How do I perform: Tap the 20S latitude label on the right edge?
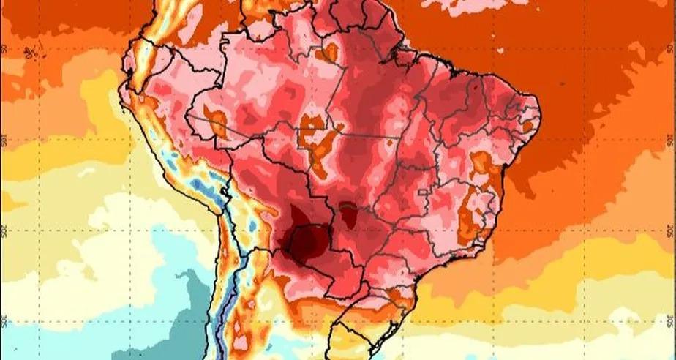click(670, 232)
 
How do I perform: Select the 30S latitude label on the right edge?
click(670, 322)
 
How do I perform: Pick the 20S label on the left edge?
click(5, 232)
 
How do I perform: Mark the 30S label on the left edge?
click(5, 322)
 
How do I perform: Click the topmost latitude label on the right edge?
click(670, 50)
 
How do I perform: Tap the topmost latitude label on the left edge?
click(5, 50)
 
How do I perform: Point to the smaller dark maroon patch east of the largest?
click(349, 214)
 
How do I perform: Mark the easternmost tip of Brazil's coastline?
click(539, 117)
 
